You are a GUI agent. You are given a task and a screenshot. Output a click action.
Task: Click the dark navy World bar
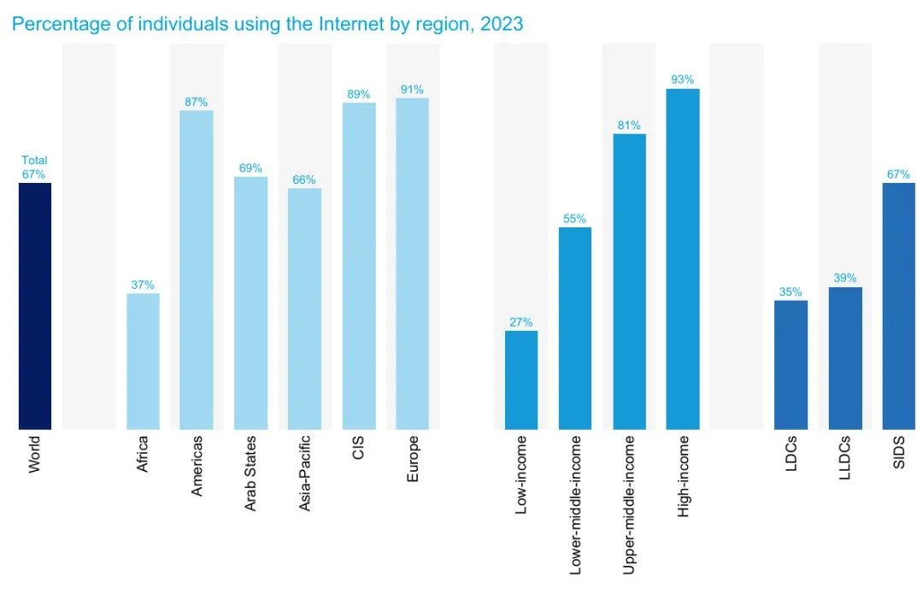tap(35, 306)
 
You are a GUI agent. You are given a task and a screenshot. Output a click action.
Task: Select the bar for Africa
tap(143, 361)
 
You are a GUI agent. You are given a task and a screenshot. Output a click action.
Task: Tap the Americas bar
tap(197, 269)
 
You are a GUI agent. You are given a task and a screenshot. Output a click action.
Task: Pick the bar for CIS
tap(359, 266)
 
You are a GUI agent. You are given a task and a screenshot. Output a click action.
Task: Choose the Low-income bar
tap(521, 379)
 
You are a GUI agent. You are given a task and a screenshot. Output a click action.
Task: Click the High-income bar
tap(683, 259)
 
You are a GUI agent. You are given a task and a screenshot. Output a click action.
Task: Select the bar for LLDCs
tap(845, 358)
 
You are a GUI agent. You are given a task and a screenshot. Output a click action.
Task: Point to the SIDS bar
tap(899, 306)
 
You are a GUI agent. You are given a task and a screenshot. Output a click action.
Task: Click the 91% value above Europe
tap(413, 90)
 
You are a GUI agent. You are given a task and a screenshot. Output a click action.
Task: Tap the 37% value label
tap(143, 285)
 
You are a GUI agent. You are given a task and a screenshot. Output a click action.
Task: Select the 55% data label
tap(575, 219)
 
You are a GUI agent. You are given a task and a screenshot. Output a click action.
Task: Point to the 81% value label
tap(629, 126)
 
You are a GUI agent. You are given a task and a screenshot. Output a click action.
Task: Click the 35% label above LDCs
tap(791, 292)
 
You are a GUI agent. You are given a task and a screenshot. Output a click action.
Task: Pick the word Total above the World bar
tap(35, 161)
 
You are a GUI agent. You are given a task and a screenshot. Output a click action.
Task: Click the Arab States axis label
tap(250, 473)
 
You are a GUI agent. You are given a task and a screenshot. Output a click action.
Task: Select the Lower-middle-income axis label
tap(575, 504)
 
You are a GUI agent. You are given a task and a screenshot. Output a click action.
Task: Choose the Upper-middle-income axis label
tap(629, 504)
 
